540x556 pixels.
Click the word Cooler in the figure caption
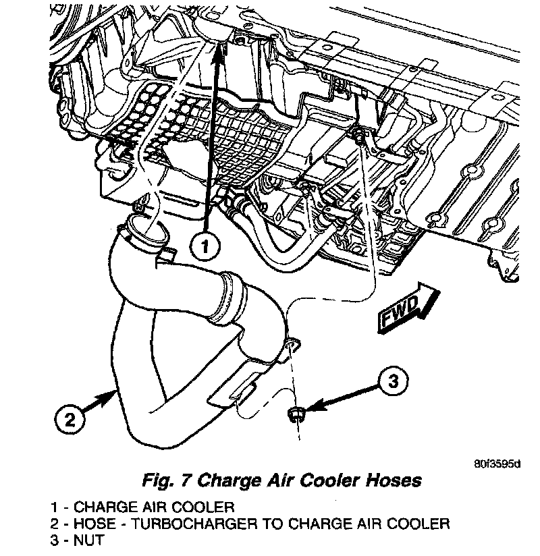click(x=320, y=481)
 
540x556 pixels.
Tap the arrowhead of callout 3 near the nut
click(x=310, y=407)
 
